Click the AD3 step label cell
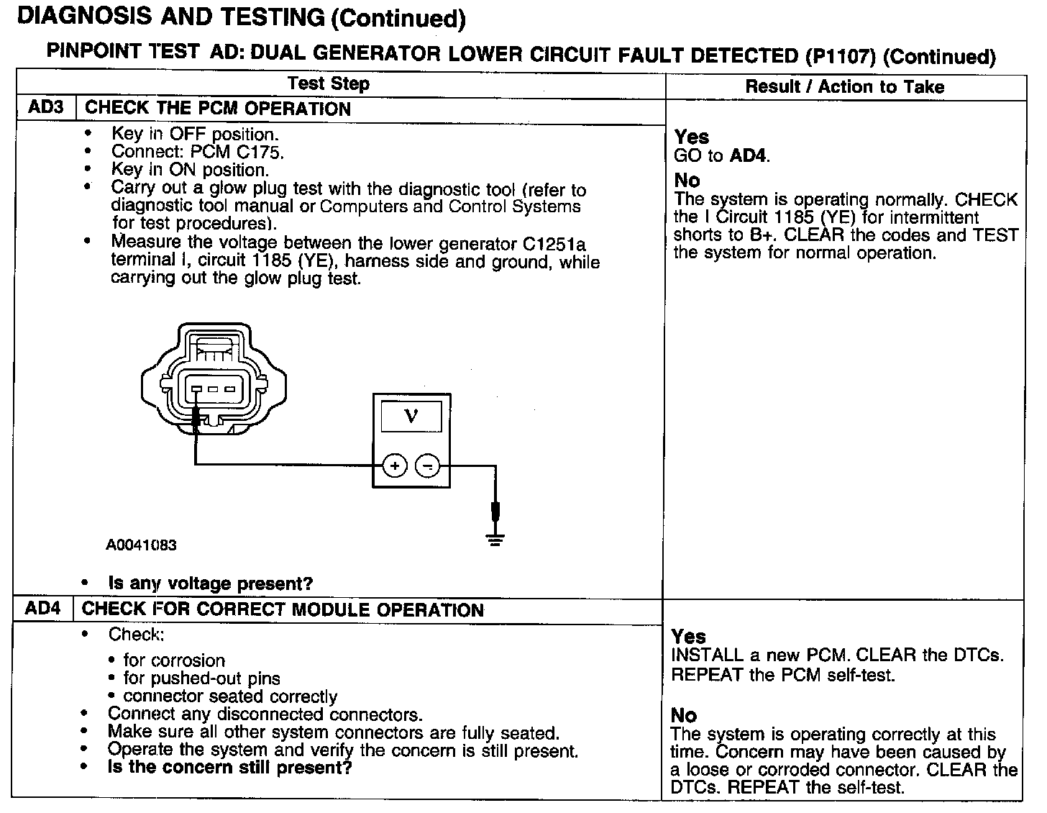46,108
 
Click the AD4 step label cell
43,609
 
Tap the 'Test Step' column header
329,83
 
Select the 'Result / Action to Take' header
844,87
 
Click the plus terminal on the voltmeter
394,466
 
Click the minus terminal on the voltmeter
428,466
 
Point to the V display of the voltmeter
411,415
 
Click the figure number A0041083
142,545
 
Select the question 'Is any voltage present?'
211,583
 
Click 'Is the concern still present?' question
229,768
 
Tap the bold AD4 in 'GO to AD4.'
748,155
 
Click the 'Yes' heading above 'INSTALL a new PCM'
689,637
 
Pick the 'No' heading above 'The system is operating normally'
687,181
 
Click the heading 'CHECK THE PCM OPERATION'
218,109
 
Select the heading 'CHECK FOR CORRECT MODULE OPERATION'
283,610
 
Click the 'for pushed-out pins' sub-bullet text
201,678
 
